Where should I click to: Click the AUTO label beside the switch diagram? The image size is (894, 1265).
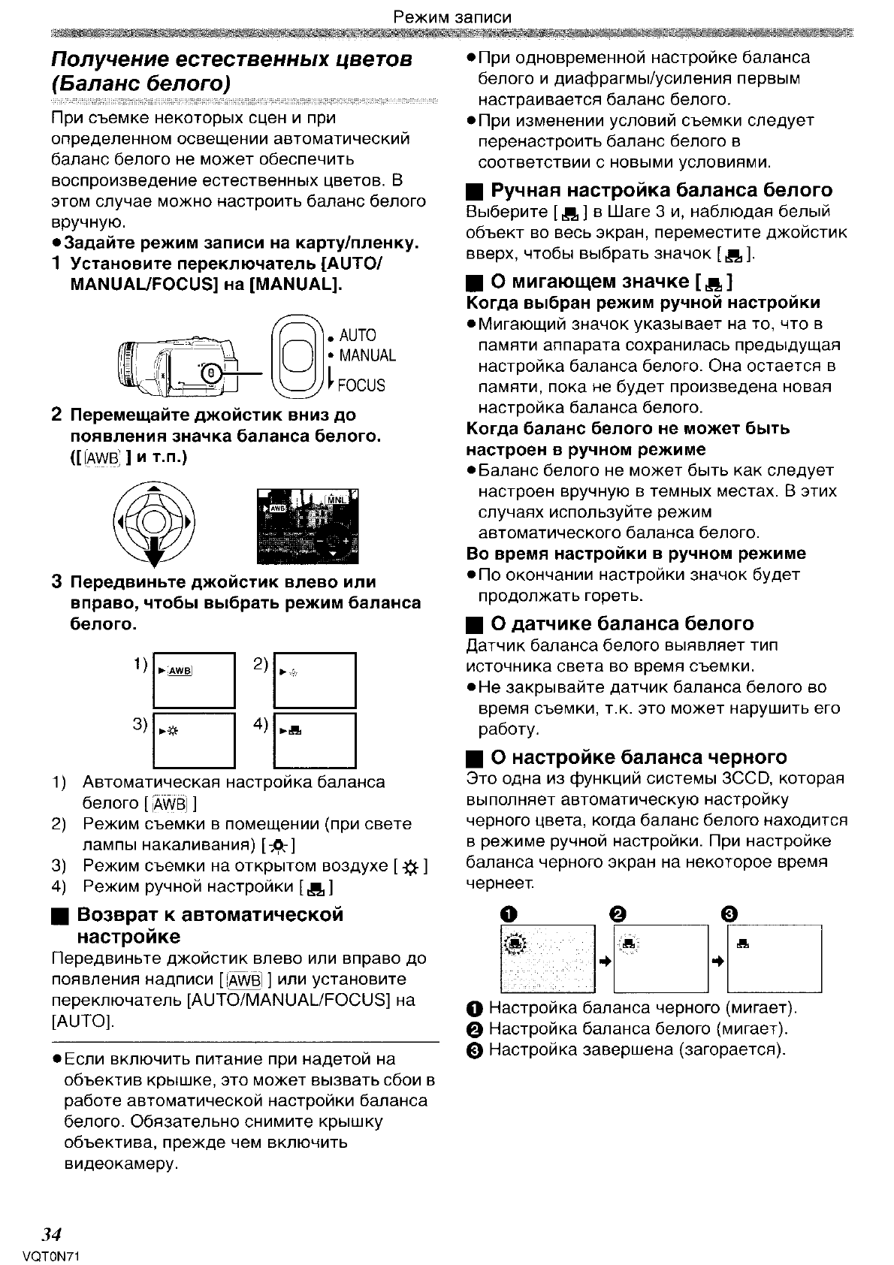[x=357, y=335]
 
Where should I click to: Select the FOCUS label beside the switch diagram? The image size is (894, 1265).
[x=361, y=385]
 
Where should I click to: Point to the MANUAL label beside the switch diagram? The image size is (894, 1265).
[x=367, y=355]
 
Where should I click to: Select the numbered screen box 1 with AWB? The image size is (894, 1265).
[x=194, y=680]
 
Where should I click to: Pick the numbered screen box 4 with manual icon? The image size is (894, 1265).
[x=314, y=739]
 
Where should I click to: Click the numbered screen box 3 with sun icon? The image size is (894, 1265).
[x=194, y=739]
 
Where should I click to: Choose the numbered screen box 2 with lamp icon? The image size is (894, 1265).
[x=314, y=680]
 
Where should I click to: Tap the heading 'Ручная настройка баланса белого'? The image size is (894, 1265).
[x=661, y=190]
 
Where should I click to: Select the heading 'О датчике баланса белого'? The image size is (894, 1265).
[x=622, y=623]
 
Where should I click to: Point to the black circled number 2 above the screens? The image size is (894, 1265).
[x=618, y=914]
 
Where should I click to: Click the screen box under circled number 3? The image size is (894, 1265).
[x=774, y=959]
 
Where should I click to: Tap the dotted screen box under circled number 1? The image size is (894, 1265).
[x=546, y=959]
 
